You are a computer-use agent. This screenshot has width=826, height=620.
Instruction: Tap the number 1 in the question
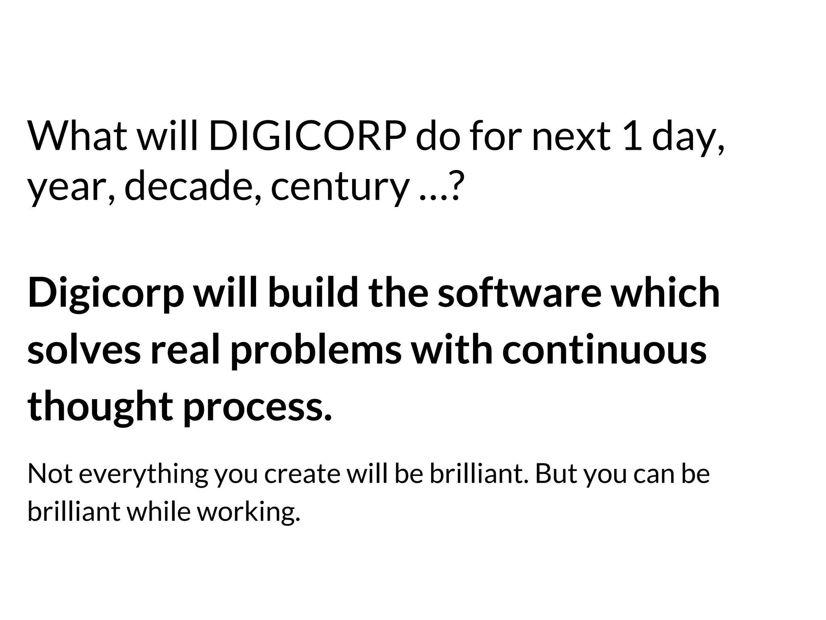(x=633, y=136)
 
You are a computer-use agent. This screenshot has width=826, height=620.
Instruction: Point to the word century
(x=339, y=188)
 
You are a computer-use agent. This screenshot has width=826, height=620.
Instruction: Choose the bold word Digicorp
(x=105, y=294)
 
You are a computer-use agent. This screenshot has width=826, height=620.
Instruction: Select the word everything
(x=143, y=475)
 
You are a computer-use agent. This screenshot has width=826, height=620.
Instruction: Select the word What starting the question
(x=77, y=136)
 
